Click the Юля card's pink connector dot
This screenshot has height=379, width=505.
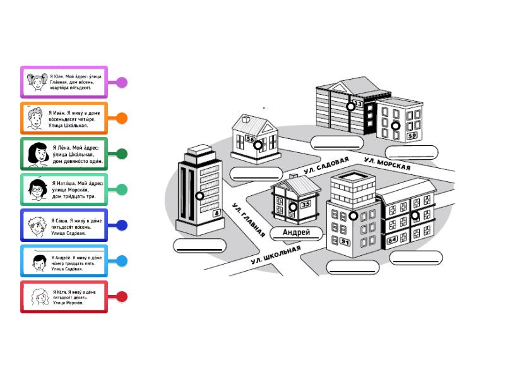(x=122, y=82)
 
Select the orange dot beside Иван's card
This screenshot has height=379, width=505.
(x=122, y=118)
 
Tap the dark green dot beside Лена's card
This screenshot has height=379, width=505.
(x=122, y=153)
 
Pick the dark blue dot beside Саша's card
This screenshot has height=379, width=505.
(x=122, y=225)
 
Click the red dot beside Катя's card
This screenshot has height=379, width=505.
(x=122, y=296)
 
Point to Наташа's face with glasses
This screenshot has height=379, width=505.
(x=37, y=189)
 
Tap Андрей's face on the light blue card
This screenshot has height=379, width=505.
(x=37, y=261)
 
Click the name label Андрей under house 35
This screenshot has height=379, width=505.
(x=296, y=232)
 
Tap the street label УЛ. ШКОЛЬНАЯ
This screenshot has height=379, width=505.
(x=276, y=256)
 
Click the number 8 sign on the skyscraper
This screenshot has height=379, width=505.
(x=217, y=214)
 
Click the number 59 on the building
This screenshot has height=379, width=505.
(x=412, y=135)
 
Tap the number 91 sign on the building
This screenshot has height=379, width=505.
(x=345, y=242)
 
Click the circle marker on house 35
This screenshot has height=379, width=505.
(x=293, y=207)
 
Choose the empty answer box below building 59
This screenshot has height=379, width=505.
(x=411, y=152)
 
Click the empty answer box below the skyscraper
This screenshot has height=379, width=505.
(x=199, y=246)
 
